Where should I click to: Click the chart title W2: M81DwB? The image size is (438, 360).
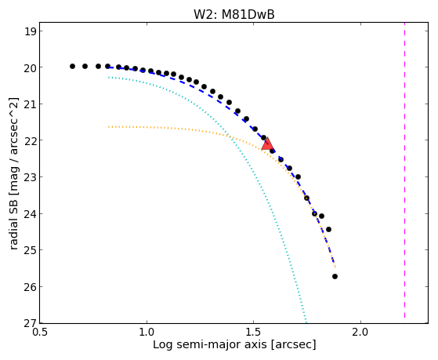click(234, 15)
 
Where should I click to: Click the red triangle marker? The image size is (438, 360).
click(268, 144)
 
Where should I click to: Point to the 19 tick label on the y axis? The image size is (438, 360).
click(31, 31)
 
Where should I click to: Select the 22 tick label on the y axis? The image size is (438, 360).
click(31, 140)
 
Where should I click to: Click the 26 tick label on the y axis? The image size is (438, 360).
click(31, 287)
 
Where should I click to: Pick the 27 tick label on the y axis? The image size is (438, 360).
click(31, 323)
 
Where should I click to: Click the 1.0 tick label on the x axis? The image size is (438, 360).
click(147, 332)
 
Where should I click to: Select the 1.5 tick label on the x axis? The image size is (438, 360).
click(253, 332)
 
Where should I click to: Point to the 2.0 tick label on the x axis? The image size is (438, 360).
click(360, 332)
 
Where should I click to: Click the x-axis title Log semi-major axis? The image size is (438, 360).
click(210, 345)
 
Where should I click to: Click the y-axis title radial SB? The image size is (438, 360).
click(13, 222)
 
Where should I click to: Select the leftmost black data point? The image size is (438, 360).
click(72, 67)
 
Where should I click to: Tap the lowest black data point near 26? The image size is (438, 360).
click(335, 276)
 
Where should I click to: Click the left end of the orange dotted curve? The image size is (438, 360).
click(108, 127)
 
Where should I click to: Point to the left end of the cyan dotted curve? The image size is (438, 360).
click(108, 77)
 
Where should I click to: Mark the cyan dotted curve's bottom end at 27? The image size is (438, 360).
click(306, 322)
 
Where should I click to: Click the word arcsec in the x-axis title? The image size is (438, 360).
click(291, 345)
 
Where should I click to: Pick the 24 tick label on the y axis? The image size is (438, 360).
click(31, 213)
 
